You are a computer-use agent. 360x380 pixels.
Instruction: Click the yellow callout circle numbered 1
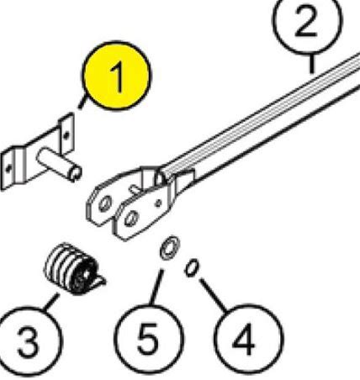coord(116,76)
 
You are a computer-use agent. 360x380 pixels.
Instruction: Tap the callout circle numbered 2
coord(308,21)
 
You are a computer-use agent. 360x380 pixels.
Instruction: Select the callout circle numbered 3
coord(28,340)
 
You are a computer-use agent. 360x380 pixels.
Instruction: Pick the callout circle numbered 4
coord(248,340)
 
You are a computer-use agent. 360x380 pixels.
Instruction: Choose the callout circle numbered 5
coord(150,340)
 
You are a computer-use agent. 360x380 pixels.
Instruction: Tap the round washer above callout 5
coord(170,247)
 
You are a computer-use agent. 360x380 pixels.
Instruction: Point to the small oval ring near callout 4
coord(192,267)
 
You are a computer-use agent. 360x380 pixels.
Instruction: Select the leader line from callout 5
coord(156,288)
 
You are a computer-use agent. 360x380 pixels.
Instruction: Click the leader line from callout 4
coord(214,294)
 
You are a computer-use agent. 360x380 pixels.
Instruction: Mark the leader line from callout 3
coord(51,301)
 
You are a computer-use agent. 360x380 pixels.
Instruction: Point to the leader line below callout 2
coord(312,64)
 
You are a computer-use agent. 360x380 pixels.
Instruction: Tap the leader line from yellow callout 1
coord(82,103)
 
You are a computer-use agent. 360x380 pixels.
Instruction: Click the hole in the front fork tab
coord(131,218)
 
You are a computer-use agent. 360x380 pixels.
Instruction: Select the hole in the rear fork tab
coord(105,203)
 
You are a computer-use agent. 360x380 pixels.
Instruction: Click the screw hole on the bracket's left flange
coord(8,168)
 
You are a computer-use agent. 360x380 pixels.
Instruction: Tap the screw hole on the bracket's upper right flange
coord(66,136)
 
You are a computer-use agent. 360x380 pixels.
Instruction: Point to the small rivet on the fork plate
coord(159,203)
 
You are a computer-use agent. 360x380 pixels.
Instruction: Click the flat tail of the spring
coord(98,281)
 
